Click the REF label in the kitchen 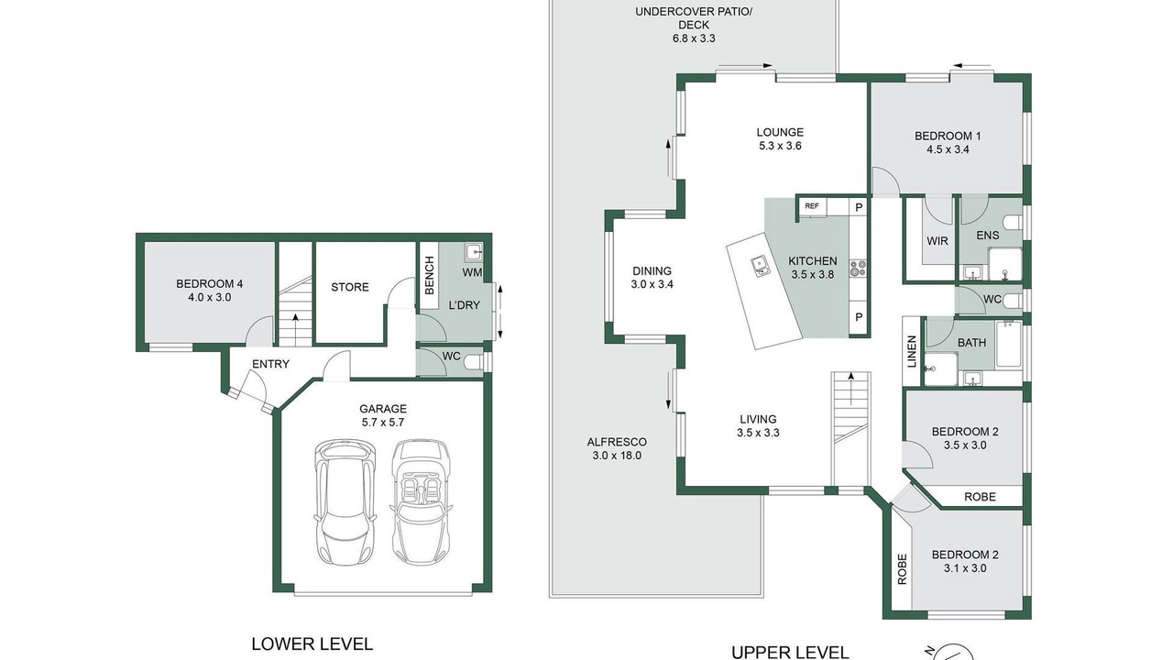coord(812,206)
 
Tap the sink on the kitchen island coord(760,266)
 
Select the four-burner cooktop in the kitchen coord(858,269)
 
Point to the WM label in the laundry coord(472,272)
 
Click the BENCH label coord(430,275)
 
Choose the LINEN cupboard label coord(912,351)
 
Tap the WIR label coord(937,241)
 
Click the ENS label coord(988,236)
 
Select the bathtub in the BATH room coord(1009,345)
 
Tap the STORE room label coord(350,287)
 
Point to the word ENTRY coord(270,364)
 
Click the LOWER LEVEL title coord(312,643)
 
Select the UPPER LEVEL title coord(790,653)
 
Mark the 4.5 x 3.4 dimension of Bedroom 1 coord(948,149)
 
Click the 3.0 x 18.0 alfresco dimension coord(617,456)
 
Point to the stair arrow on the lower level coord(295,329)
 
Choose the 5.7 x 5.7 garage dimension coord(383,423)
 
